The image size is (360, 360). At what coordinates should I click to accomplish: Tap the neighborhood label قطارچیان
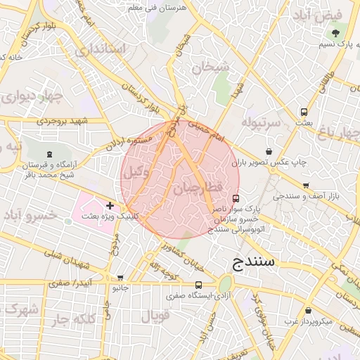click(x=197, y=187)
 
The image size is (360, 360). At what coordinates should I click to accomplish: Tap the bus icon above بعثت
click(x=304, y=111)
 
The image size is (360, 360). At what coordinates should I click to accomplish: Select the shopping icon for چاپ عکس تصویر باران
click(x=269, y=151)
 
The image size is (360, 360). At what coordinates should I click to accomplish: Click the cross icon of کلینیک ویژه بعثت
click(x=110, y=205)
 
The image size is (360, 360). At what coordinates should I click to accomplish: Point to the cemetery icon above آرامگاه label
click(x=49, y=154)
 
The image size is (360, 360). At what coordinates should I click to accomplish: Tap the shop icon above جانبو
click(x=120, y=278)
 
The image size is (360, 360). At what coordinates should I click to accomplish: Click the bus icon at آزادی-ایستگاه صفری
click(x=199, y=285)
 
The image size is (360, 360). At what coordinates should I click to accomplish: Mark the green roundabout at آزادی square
click(x=225, y=285)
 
